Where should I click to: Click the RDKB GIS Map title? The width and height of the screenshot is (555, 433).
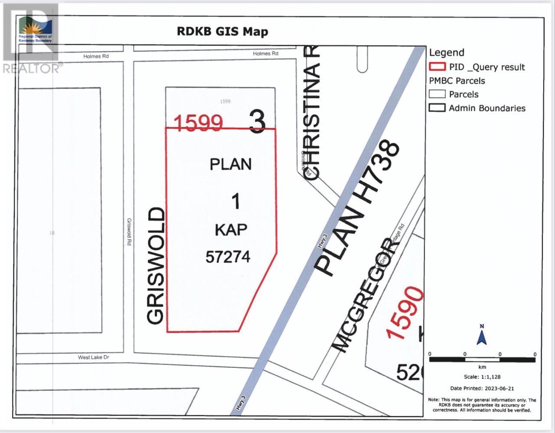click(x=222, y=32)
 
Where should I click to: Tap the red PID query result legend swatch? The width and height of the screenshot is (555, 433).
click(x=437, y=67)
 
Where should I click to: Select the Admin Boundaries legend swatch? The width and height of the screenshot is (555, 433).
click(x=437, y=108)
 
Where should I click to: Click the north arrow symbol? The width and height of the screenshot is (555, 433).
click(x=481, y=335)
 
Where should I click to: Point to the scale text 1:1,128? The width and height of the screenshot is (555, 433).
click(x=481, y=377)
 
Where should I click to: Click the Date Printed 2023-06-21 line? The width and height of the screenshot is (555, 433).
click(x=482, y=388)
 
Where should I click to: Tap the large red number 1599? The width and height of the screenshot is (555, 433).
click(x=199, y=123)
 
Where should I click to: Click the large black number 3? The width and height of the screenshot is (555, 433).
click(x=257, y=122)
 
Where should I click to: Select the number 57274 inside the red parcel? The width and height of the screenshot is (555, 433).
click(x=228, y=257)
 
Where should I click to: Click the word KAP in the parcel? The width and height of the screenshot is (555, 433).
click(x=231, y=230)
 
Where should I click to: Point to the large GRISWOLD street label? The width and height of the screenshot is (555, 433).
click(x=156, y=266)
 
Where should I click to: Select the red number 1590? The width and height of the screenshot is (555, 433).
click(x=405, y=313)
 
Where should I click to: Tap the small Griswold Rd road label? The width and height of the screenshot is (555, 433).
click(x=129, y=232)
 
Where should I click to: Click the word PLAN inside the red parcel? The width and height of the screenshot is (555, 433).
click(x=231, y=165)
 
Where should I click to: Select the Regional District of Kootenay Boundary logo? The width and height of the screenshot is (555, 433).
click(x=35, y=30)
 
